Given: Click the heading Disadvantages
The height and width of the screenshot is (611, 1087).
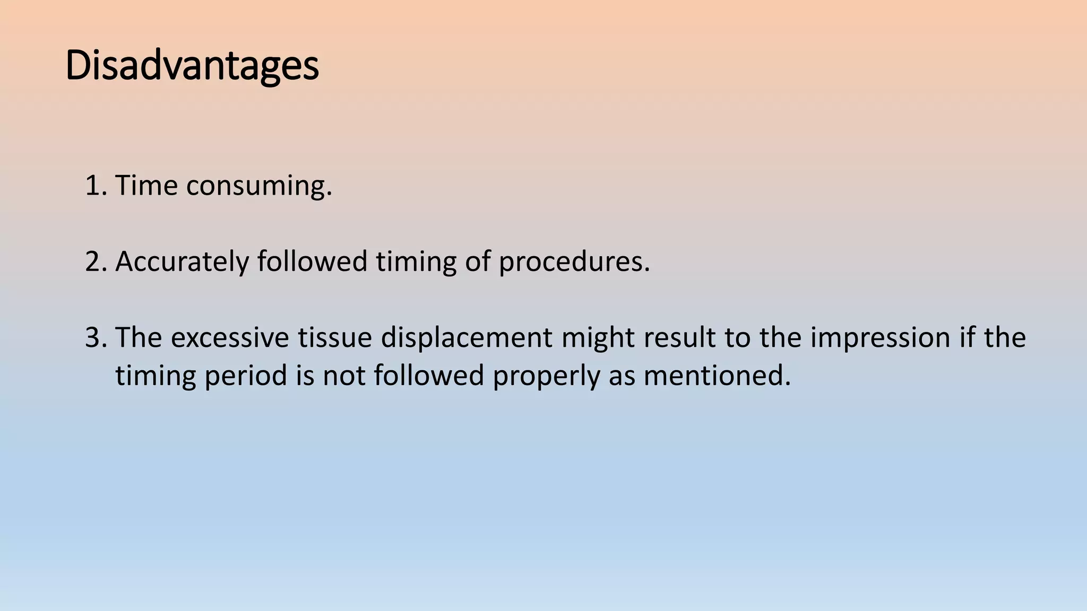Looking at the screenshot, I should point(192,66).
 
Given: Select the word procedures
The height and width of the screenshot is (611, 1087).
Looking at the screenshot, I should point(574,262).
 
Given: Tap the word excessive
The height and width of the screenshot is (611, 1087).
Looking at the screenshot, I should point(229,338).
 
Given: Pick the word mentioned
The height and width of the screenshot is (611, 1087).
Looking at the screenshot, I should point(717,376).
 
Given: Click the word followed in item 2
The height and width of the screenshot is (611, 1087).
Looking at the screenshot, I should point(312,261).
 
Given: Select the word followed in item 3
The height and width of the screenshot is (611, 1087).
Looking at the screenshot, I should point(429,376).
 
